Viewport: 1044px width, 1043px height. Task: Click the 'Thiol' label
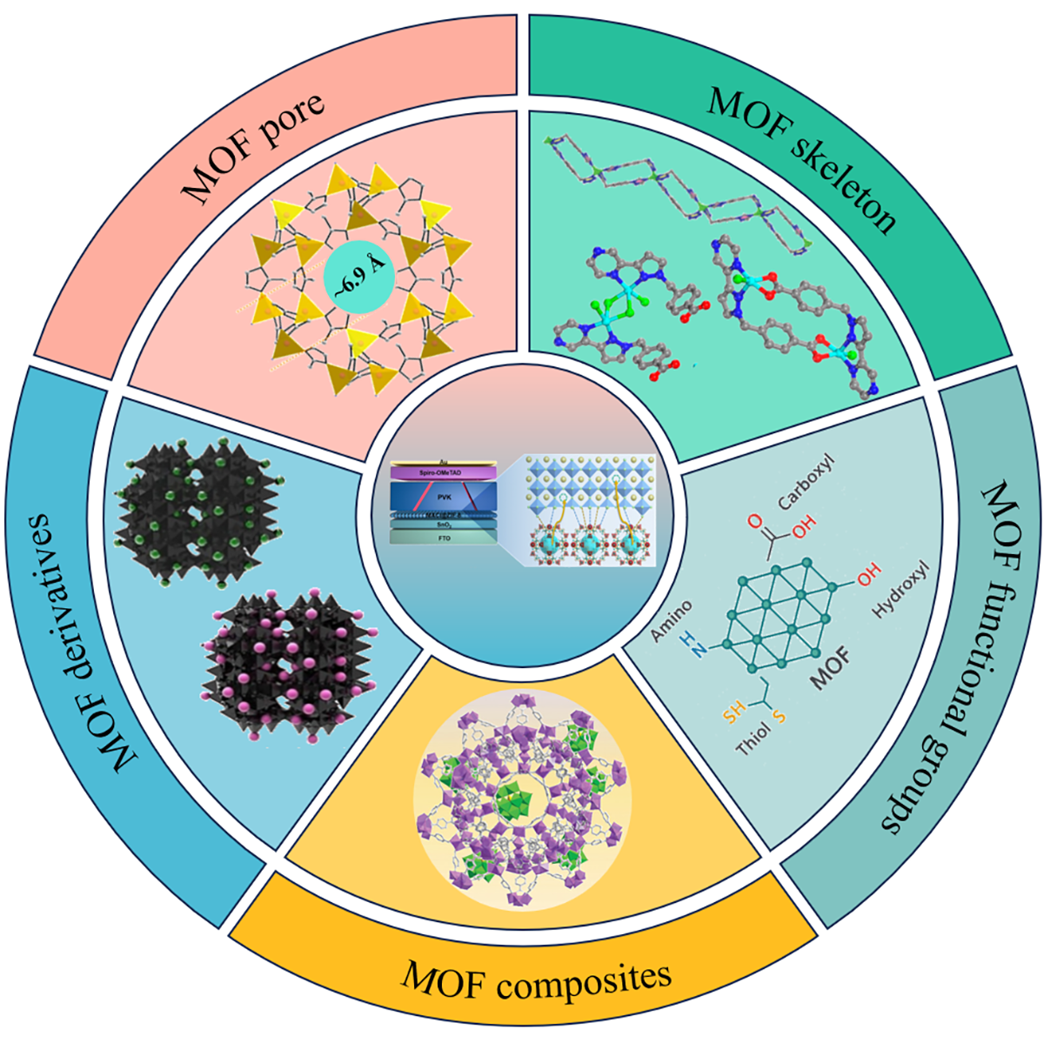(753, 741)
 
